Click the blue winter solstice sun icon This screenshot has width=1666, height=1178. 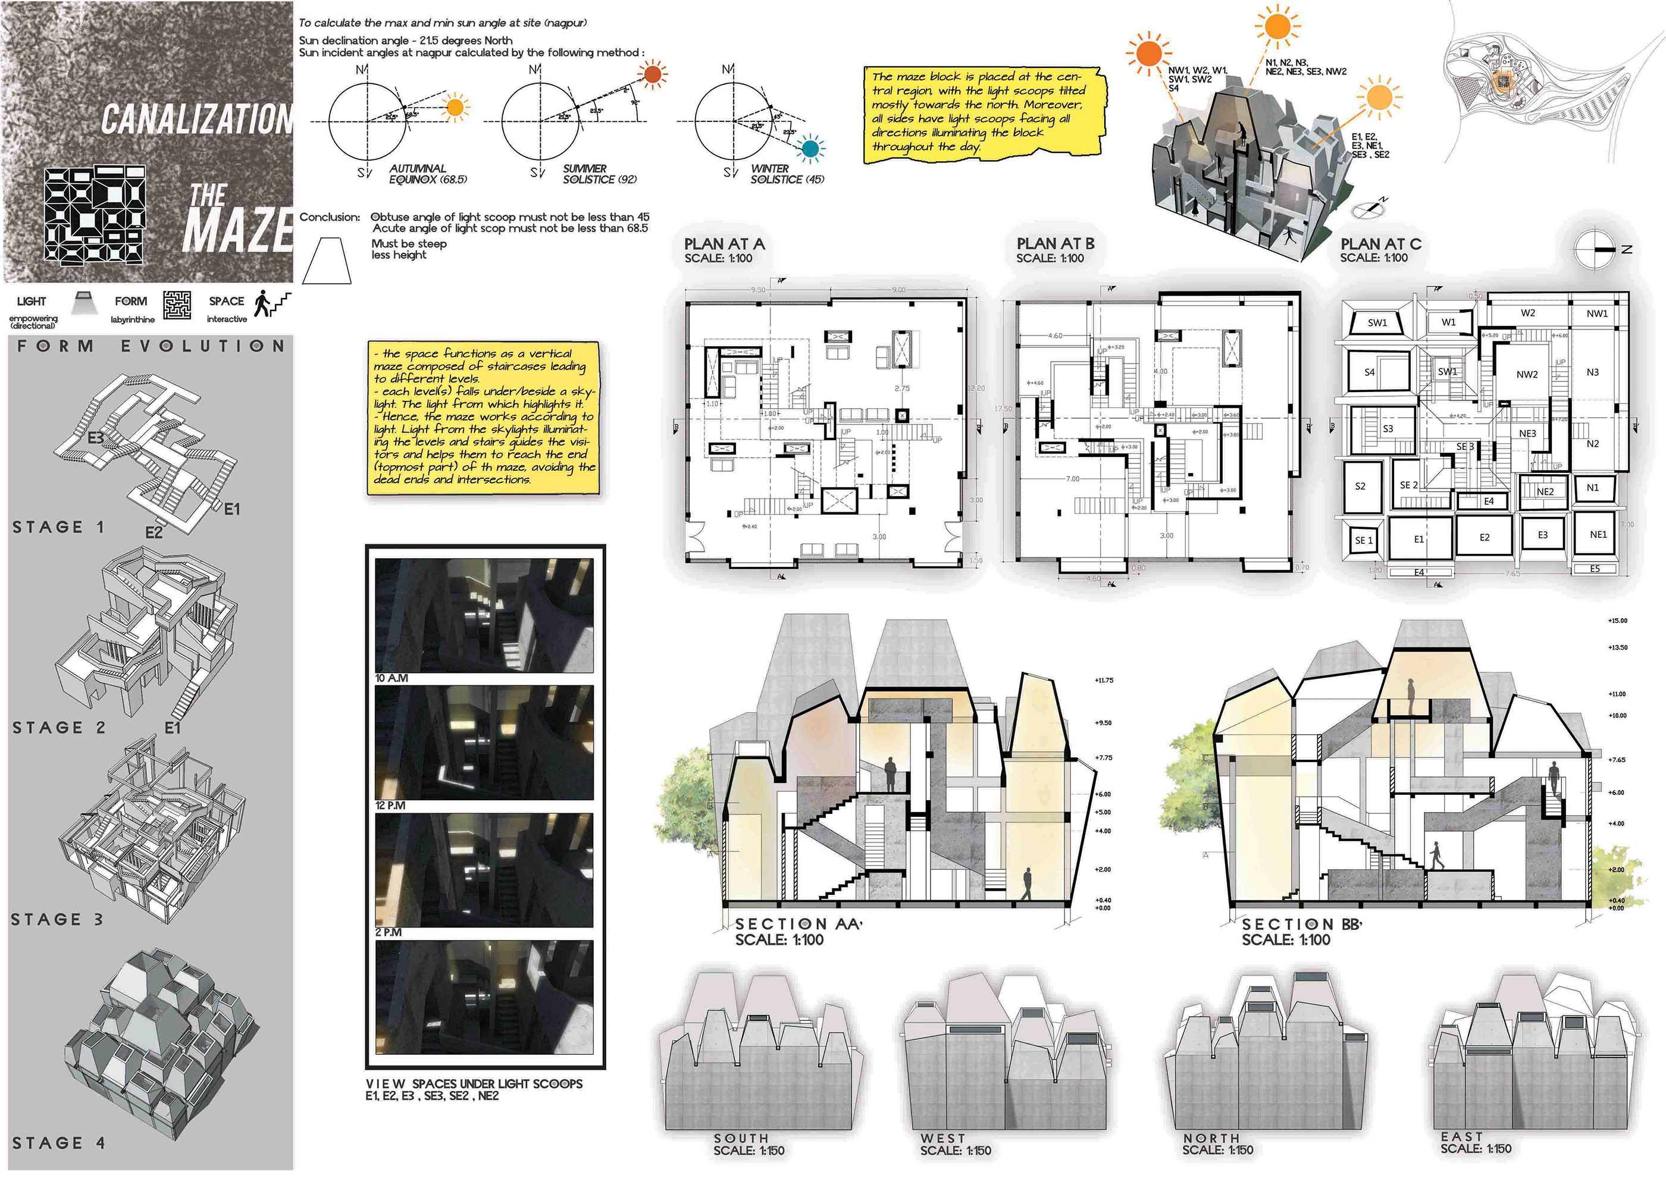click(x=810, y=149)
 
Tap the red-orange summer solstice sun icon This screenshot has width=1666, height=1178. click(x=652, y=74)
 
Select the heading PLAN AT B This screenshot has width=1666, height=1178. click(x=1055, y=245)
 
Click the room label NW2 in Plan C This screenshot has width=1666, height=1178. click(x=1527, y=375)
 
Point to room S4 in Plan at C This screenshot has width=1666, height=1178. click(x=1369, y=372)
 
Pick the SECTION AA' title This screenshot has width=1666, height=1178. click(x=798, y=924)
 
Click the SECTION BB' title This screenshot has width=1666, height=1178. click(x=1302, y=924)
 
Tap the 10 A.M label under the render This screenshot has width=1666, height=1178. click(x=392, y=678)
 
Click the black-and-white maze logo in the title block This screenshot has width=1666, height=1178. click(x=95, y=215)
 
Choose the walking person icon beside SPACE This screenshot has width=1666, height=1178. click(x=262, y=303)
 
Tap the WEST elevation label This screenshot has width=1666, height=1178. click(x=942, y=1138)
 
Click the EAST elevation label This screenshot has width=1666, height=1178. click(x=1461, y=1137)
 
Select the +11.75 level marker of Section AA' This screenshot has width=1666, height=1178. click(x=1104, y=681)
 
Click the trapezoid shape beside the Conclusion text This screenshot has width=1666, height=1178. click(x=327, y=261)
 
